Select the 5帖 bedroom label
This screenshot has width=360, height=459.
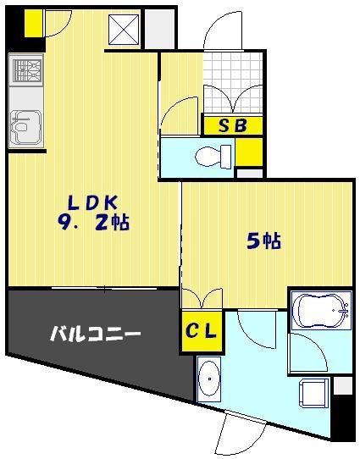coord(264,241)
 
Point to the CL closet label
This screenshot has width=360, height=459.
coord(202,330)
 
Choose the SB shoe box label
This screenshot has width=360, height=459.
coord(232,126)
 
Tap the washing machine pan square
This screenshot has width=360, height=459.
coord(316,393)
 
